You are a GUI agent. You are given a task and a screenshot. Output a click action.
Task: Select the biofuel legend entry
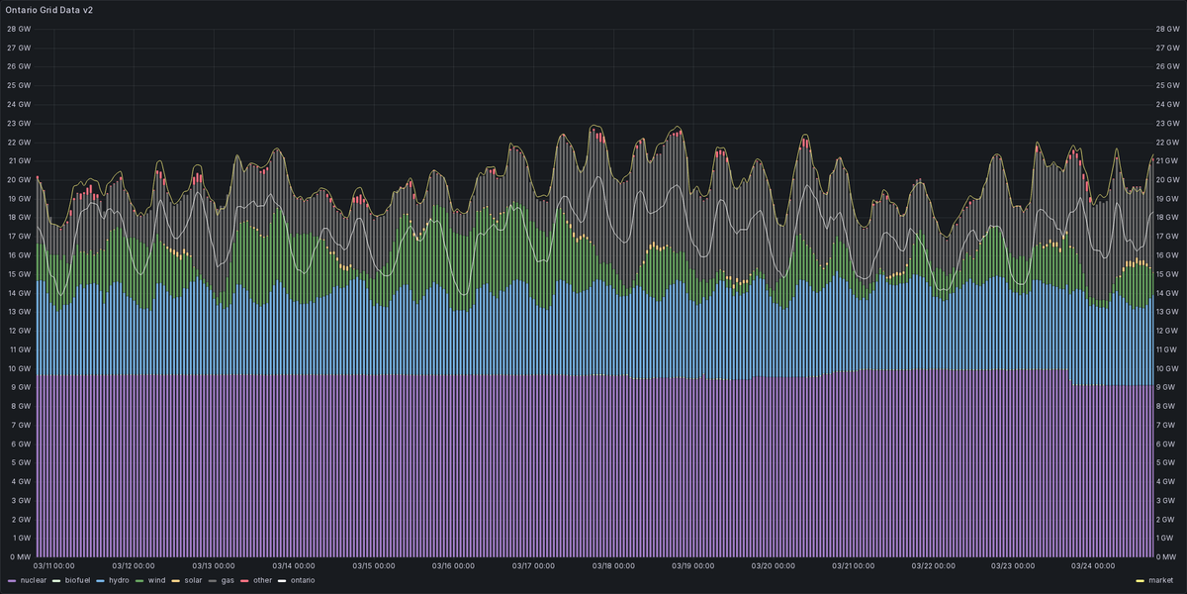tap(77, 579)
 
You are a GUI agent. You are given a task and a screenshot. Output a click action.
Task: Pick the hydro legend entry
tap(118, 579)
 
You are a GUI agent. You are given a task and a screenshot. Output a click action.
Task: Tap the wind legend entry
tap(156, 579)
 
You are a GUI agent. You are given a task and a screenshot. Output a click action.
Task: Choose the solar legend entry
tap(194, 579)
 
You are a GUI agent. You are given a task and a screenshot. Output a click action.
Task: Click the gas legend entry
tap(228, 579)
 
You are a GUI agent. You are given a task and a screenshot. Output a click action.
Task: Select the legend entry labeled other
tap(261, 579)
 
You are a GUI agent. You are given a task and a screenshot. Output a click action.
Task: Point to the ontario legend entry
tap(302, 579)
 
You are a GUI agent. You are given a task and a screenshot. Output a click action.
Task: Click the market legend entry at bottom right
tap(1160, 579)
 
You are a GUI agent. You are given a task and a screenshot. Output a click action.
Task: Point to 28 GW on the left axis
tap(19, 29)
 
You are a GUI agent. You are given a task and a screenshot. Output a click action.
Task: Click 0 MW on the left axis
tap(19, 556)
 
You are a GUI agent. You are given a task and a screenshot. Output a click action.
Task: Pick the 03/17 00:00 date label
tap(534, 566)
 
